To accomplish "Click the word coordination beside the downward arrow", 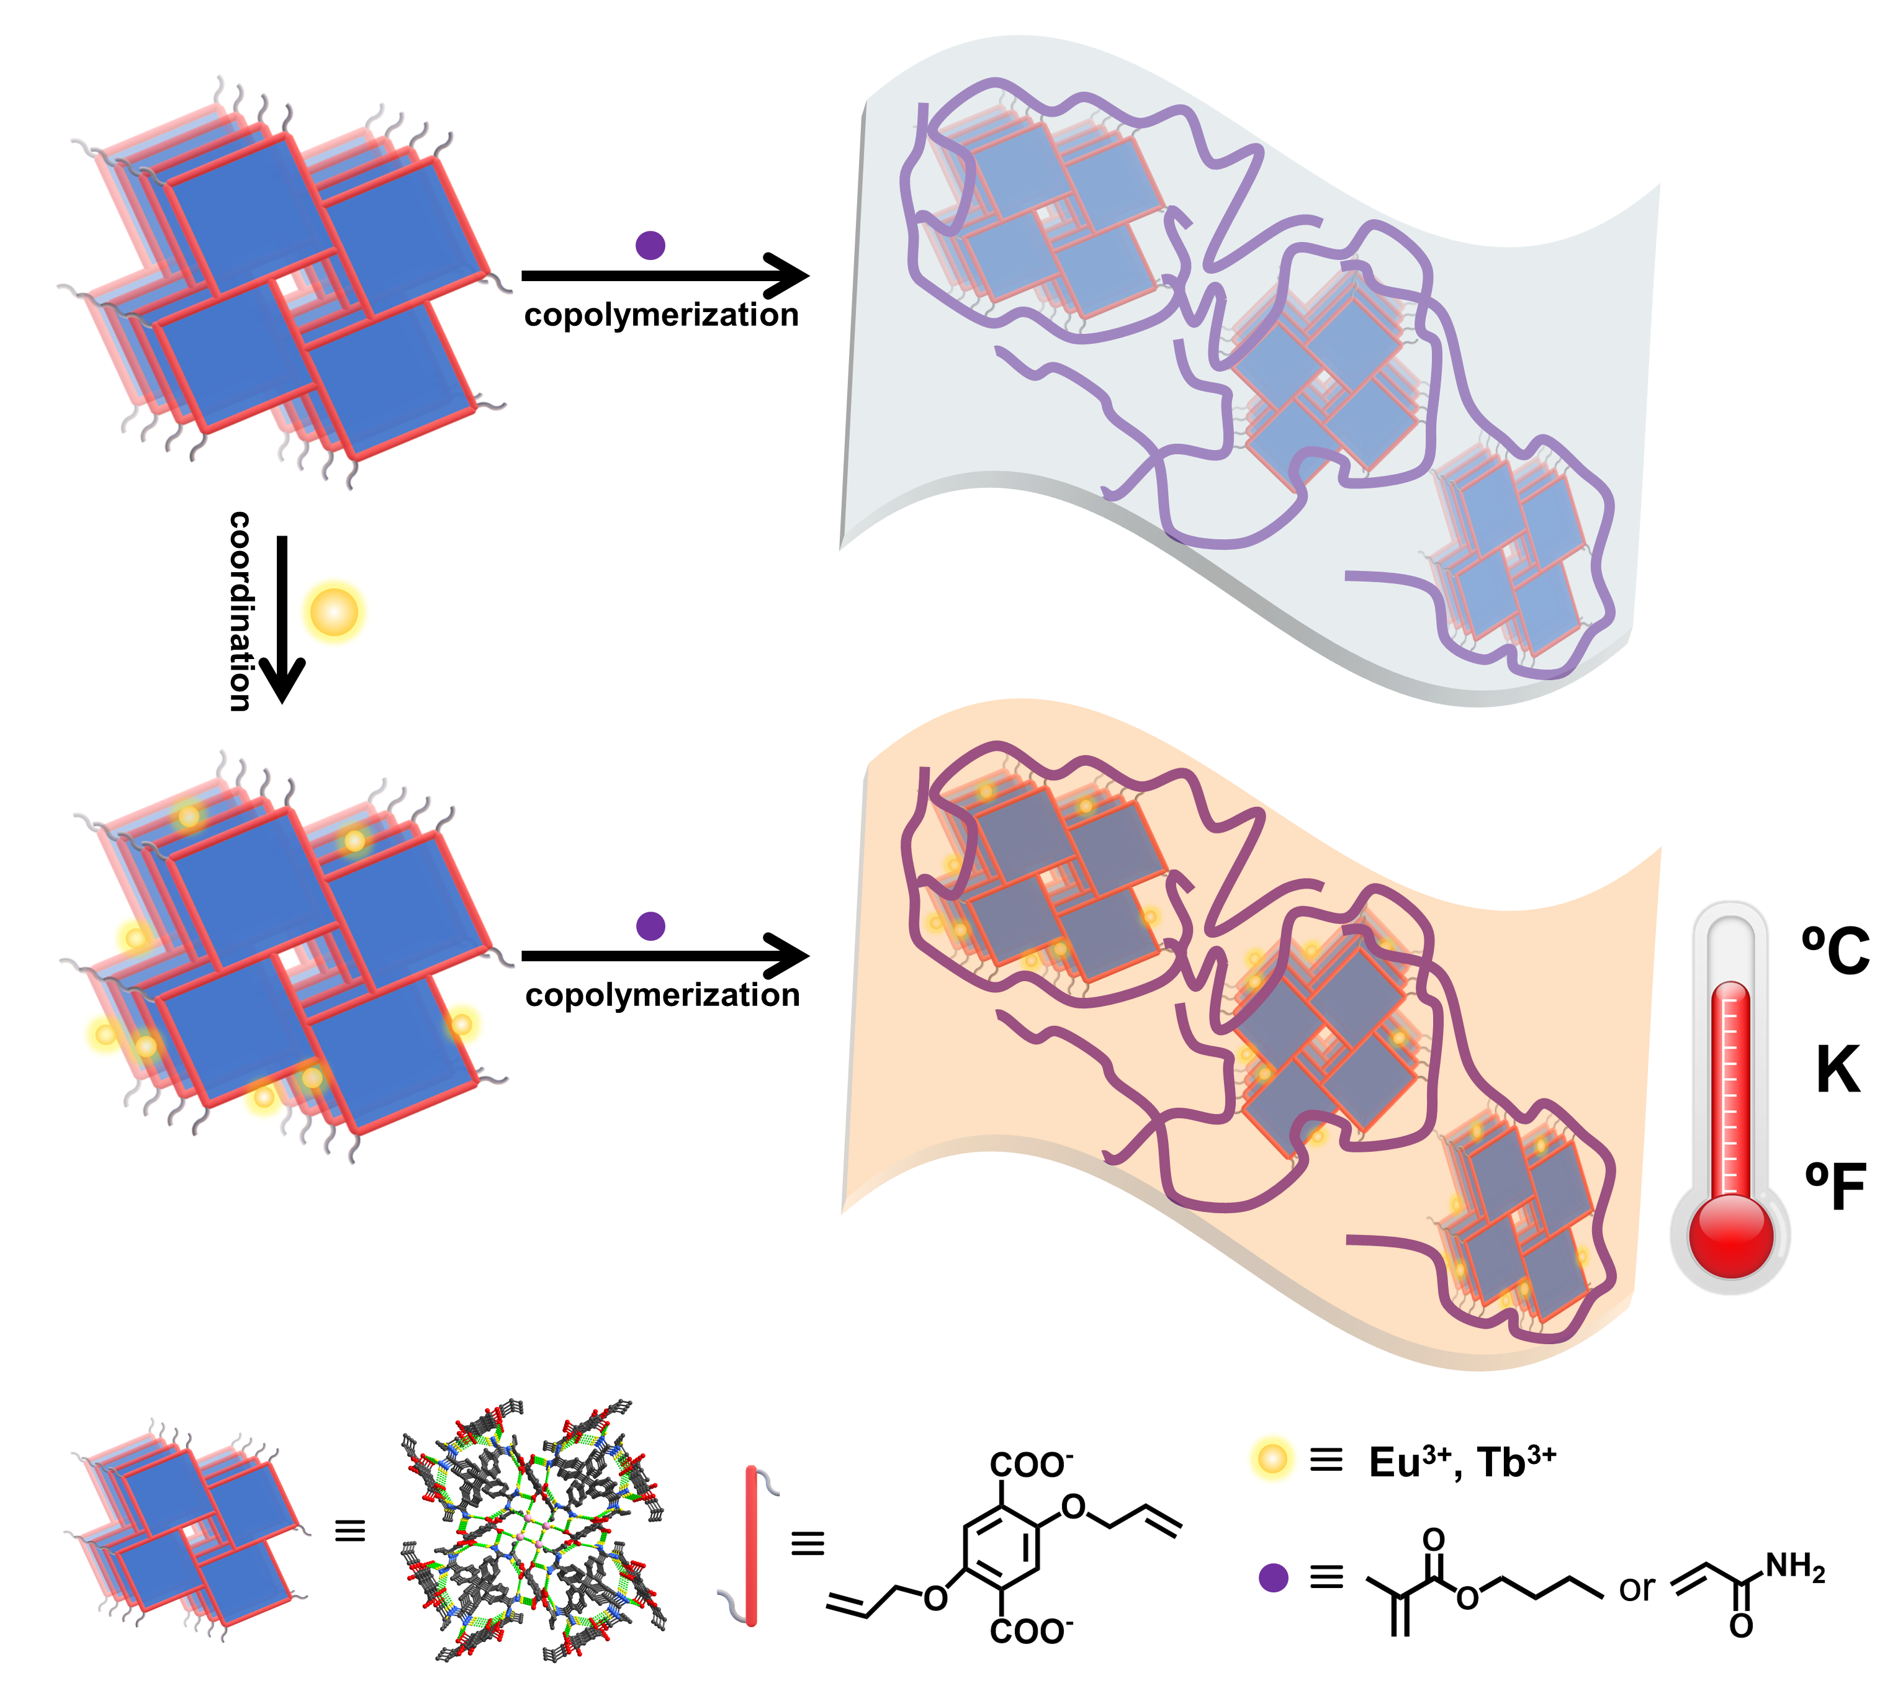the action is click(240, 611).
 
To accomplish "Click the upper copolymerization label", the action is click(662, 316).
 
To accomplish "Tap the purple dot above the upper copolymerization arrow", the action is click(650, 245).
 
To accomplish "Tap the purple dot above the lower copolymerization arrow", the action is click(650, 926).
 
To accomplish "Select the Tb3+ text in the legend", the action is click(1517, 1461).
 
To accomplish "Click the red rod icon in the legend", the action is click(750, 1547).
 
